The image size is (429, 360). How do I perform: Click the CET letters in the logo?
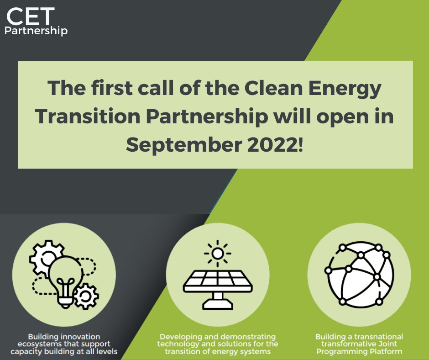pos(31,16)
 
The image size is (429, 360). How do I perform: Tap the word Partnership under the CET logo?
pos(36,31)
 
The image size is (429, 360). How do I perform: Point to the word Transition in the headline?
pos(88,116)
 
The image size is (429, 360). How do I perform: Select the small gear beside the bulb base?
pos(86,296)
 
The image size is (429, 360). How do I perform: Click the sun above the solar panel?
pos(218,254)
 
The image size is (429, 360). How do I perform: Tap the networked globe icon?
pos(359,275)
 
